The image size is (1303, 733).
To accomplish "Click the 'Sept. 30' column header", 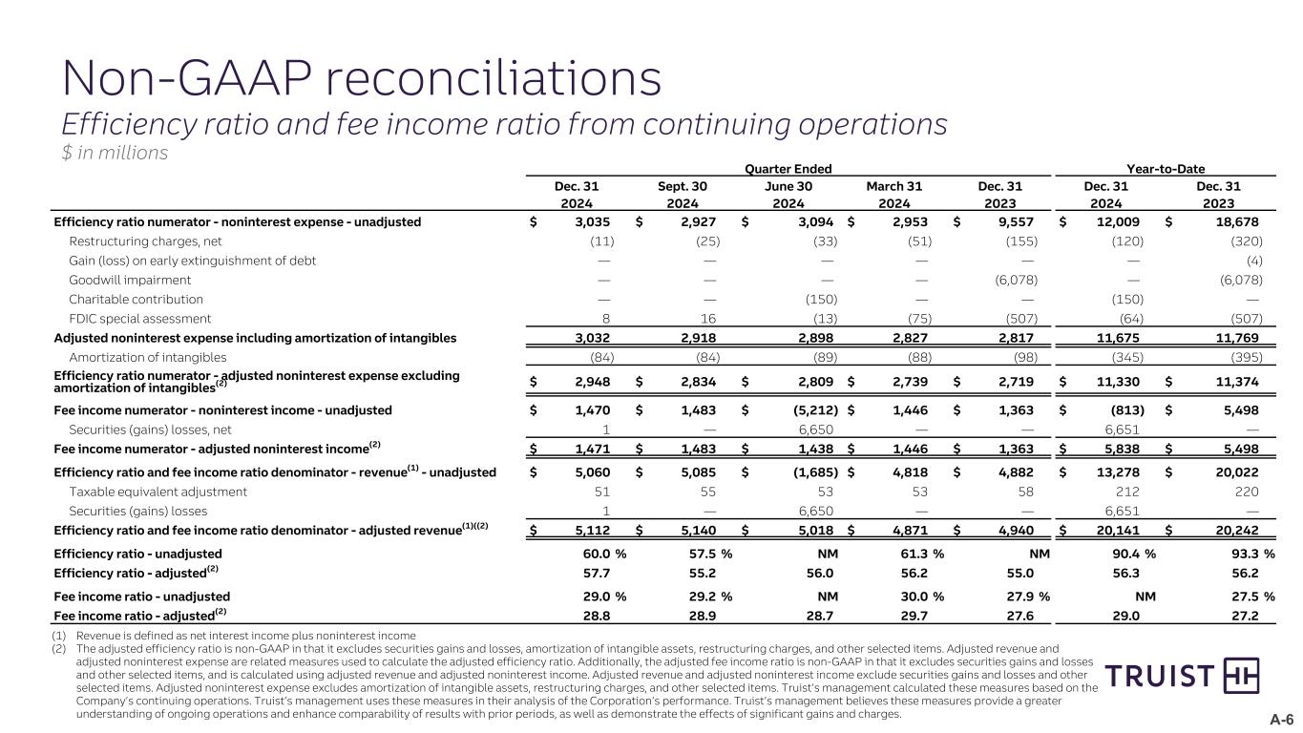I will click(x=683, y=187).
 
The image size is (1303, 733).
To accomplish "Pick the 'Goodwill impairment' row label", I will click(x=130, y=280).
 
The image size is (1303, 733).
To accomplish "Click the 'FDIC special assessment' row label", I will click(x=140, y=318).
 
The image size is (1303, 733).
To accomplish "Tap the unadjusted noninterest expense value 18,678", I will click(x=1238, y=222).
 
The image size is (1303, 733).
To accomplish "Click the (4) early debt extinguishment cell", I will click(x=1254, y=261).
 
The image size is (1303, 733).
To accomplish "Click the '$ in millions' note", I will click(x=115, y=152).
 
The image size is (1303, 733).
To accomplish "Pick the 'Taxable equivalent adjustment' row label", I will click(x=158, y=492).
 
